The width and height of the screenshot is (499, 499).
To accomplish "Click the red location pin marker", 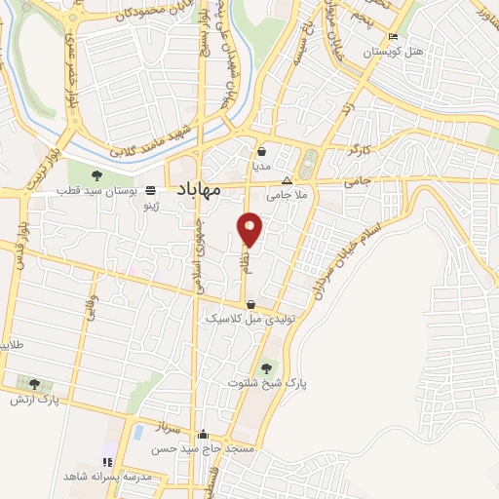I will [x=250, y=229].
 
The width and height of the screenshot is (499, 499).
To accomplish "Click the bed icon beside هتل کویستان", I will [x=393, y=37].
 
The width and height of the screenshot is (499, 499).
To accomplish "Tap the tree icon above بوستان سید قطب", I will [x=96, y=175].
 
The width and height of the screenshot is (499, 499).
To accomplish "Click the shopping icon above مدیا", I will [x=263, y=152].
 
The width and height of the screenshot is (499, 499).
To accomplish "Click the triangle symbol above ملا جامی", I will [x=287, y=180].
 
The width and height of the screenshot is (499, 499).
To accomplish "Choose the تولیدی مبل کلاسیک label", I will [x=256, y=319].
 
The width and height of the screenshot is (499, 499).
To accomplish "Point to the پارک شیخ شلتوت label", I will [x=267, y=384].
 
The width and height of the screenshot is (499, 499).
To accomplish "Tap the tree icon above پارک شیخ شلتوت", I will [x=267, y=367].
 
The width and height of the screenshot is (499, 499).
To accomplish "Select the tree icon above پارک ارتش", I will [x=35, y=385].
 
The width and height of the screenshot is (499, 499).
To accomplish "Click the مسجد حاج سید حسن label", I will [x=203, y=449].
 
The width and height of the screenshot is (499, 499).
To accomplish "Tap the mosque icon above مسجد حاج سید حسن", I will [x=203, y=435].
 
